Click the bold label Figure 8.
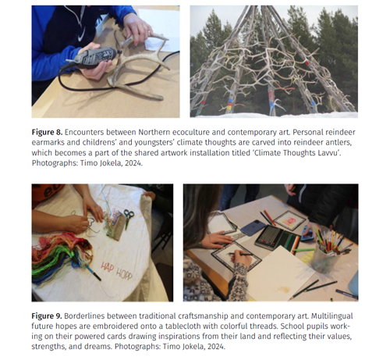pyautogui.click(x=47, y=132)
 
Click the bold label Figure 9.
pyautogui.click(x=47, y=316)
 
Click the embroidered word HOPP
pyautogui.click(x=124, y=274)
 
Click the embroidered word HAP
pyautogui.click(x=108, y=267)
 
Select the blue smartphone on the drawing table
pyautogui.click(x=253, y=228)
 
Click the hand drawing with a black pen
pyautogui.click(x=241, y=258)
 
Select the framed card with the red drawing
pyautogui.click(x=289, y=221)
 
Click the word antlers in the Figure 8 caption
pyautogui.click(x=339, y=143)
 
